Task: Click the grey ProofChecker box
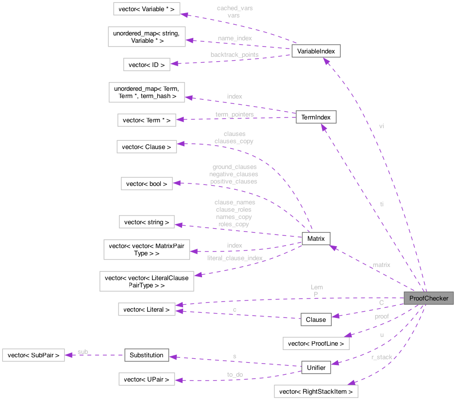click(x=429, y=298)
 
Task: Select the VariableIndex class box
click(x=316, y=51)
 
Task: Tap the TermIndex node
click(x=316, y=117)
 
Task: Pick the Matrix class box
click(x=316, y=238)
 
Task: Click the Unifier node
click(x=316, y=367)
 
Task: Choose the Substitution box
click(x=147, y=355)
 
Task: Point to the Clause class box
click(x=316, y=319)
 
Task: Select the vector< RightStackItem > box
click(x=316, y=391)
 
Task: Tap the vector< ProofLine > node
click(x=316, y=343)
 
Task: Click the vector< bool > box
click(x=147, y=184)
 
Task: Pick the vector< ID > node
click(x=147, y=65)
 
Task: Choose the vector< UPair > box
click(x=147, y=379)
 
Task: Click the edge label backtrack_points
click(x=234, y=55)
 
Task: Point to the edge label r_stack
click(x=382, y=357)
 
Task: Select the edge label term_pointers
click(x=235, y=115)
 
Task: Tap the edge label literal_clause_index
click(x=235, y=258)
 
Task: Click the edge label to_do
click(x=235, y=375)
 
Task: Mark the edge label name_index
click(x=235, y=37)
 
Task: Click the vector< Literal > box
click(x=147, y=309)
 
